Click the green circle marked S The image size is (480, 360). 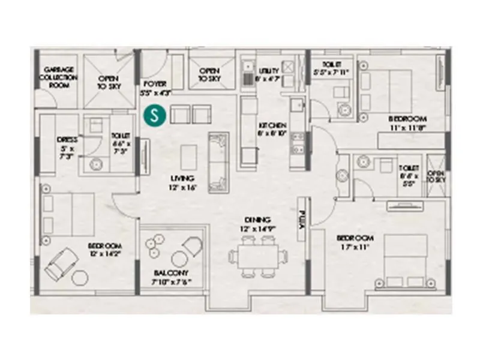pyautogui.click(x=156, y=115)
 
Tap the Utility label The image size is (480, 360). pyautogui.click(x=268, y=74)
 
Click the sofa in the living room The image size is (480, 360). pyautogui.click(x=217, y=162)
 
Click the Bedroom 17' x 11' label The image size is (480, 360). pyautogui.click(x=355, y=241)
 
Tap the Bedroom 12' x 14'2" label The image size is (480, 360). pyautogui.click(x=105, y=250)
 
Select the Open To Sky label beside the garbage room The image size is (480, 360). pyautogui.click(x=109, y=82)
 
